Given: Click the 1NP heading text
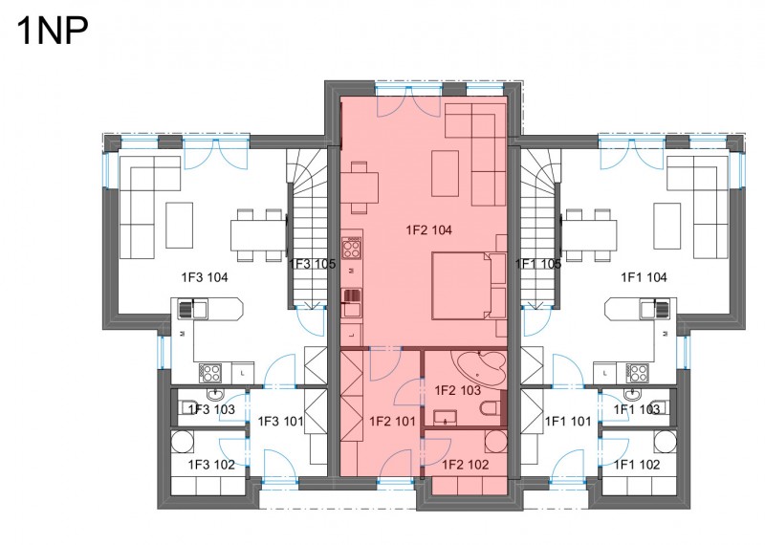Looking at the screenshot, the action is pyautogui.click(x=53, y=31).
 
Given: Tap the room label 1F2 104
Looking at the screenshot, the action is pyautogui.click(x=428, y=229).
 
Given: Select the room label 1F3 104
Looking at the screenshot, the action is pyautogui.click(x=205, y=277).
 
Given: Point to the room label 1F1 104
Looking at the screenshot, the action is pyautogui.click(x=644, y=277).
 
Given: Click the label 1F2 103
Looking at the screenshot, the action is pyautogui.click(x=458, y=390).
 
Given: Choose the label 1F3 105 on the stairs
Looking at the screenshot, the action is pyautogui.click(x=313, y=264).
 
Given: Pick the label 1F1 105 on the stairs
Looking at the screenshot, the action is pyautogui.click(x=538, y=264).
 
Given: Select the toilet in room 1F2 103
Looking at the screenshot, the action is pyautogui.click(x=491, y=407).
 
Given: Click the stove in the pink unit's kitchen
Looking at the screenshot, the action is pyautogui.click(x=351, y=248).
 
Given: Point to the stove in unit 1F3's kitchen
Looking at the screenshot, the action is pyautogui.click(x=210, y=374).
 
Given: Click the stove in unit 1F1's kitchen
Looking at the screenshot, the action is pyautogui.click(x=637, y=374).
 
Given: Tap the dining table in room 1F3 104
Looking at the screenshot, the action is pyautogui.click(x=258, y=236).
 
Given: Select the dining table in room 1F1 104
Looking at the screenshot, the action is pyautogui.click(x=590, y=236).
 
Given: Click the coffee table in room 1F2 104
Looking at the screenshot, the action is pyautogui.click(x=445, y=173).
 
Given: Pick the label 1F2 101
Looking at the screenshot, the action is pyautogui.click(x=392, y=421).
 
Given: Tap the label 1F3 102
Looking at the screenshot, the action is pyautogui.click(x=211, y=465).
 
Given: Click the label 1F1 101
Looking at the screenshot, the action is pyautogui.click(x=568, y=421).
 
